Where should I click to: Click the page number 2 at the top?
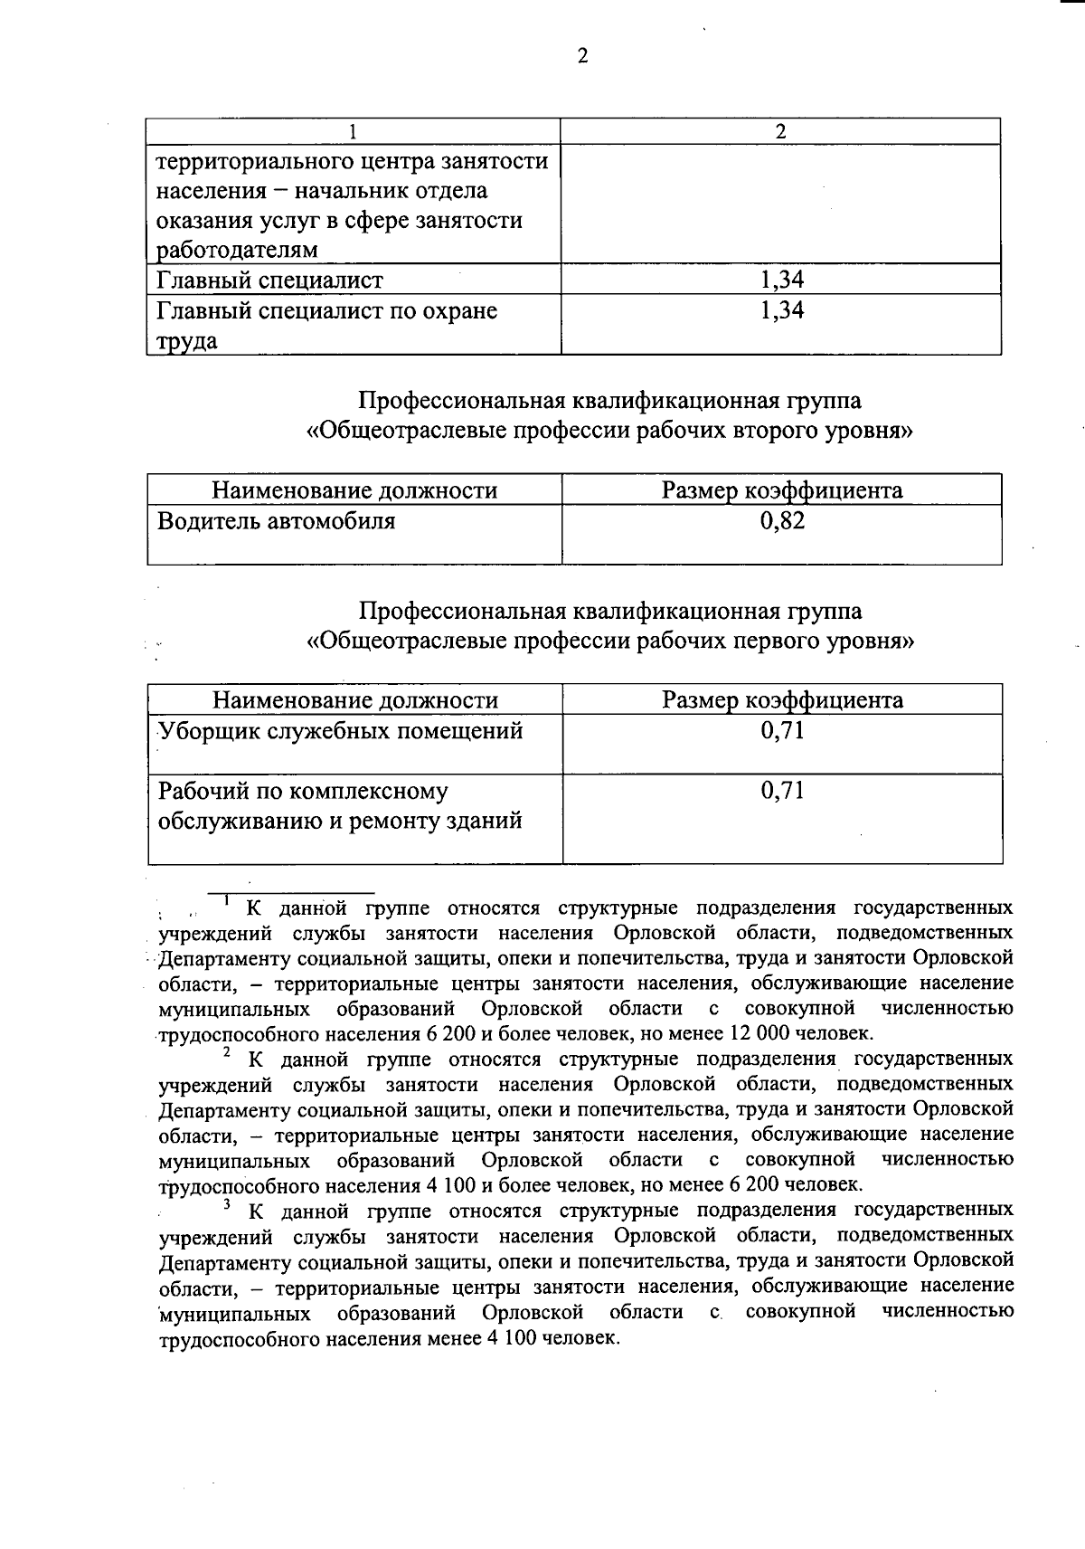(582, 56)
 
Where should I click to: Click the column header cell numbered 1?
(353, 131)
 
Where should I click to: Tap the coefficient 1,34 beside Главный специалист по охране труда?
(782, 311)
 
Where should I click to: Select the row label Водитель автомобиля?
(277, 521)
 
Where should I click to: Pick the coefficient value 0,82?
(782, 521)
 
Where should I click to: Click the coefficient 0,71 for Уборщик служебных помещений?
(782, 730)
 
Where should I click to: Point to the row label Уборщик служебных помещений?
(341, 730)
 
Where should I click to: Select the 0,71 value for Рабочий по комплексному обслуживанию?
(782, 791)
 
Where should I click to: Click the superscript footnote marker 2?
(227, 1052)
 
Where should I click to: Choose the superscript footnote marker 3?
(228, 1204)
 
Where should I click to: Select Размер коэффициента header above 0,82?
(782, 490)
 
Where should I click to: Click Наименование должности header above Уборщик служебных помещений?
(355, 700)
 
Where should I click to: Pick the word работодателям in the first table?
(237, 250)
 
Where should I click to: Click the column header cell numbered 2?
(781, 131)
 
